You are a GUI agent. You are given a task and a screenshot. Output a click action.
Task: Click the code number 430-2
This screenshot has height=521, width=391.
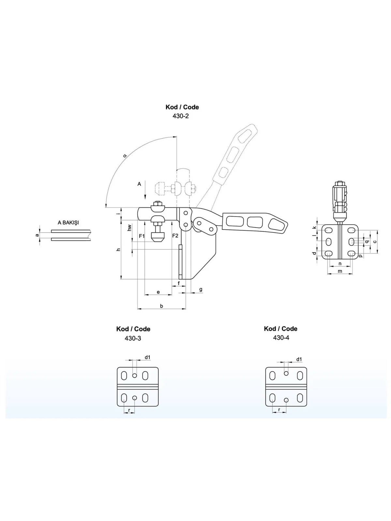click(181, 116)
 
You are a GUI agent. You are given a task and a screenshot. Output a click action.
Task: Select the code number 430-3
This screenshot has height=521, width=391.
click(133, 338)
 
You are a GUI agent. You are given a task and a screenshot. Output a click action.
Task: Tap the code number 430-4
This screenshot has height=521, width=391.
click(281, 338)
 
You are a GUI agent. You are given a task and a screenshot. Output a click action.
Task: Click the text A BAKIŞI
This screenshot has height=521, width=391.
click(68, 223)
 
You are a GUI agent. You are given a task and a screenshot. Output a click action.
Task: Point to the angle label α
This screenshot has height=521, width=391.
click(125, 156)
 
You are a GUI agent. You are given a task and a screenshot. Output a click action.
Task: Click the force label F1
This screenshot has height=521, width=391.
click(142, 236)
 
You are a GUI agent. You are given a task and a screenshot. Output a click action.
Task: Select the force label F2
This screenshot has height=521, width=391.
click(175, 236)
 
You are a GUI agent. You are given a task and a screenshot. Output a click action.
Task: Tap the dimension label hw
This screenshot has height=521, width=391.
click(129, 228)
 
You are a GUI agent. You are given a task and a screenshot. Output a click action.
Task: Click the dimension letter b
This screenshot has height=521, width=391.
click(161, 306)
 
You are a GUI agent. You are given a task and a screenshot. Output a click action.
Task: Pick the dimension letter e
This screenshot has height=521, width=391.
click(158, 292)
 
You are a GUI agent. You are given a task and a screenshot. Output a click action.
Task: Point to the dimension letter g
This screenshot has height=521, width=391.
click(201, 289)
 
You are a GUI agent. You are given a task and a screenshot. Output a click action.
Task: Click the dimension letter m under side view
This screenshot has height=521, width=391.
click(340, 271)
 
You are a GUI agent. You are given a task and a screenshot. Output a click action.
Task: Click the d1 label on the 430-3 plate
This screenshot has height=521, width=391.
click(148, 357)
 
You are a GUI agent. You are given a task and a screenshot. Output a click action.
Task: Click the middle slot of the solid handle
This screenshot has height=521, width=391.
click(255, 222)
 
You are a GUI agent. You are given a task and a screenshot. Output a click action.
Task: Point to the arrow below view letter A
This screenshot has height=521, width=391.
click(146, 192)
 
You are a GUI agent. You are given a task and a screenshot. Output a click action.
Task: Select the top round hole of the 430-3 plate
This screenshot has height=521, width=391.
click(135, 375)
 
